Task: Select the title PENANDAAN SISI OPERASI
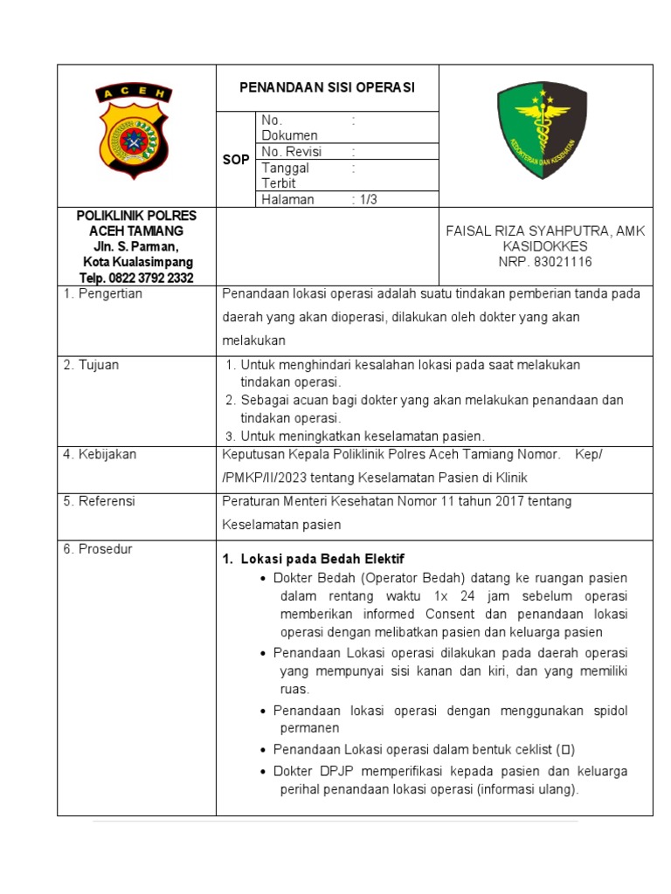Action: (x=328, y=87)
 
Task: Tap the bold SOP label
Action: (x=236, y=161)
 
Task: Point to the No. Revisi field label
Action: (x=292, y=152)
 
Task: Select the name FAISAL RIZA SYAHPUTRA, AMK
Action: (x=545, y=230)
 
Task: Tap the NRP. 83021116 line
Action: (x=545, y=262)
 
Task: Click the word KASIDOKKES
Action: (x=545, y=246)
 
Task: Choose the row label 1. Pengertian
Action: (x=102, y=294)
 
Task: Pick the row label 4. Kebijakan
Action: (x=100, y=454)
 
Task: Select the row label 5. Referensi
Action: (x=99, y=501)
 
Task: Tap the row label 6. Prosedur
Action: (x=97, y=549)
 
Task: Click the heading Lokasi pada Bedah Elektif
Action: (x=322, y=559)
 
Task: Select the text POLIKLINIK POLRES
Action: (x=137, y=215)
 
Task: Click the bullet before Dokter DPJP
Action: (x=265, y=772)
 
